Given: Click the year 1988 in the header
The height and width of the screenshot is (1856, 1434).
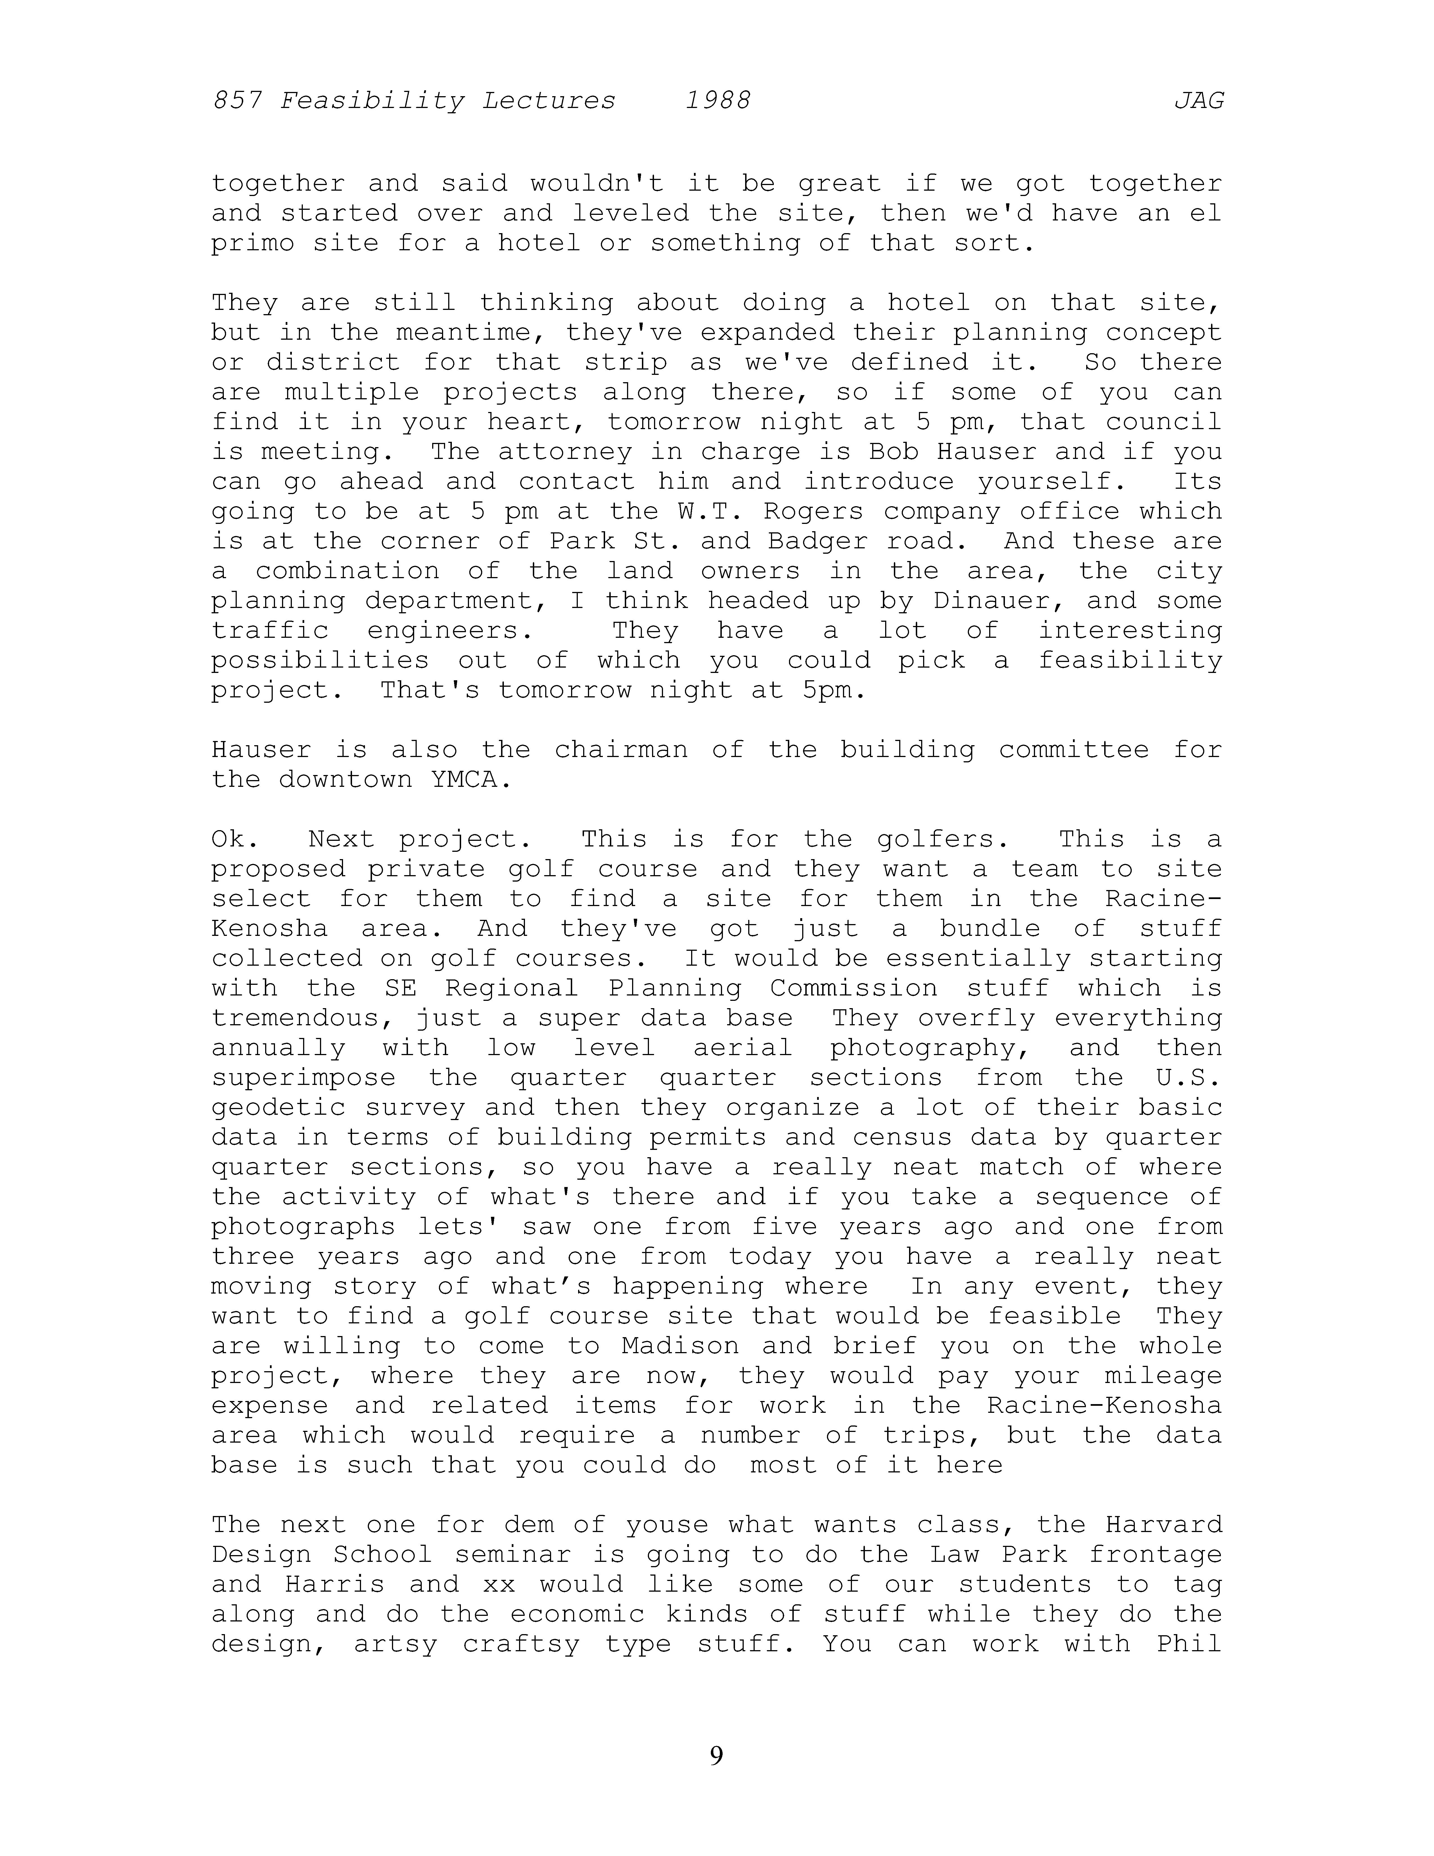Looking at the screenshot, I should [718, 101].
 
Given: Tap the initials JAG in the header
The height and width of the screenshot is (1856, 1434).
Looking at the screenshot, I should [1199, 101].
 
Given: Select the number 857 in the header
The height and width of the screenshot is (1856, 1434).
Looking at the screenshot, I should [237, 101].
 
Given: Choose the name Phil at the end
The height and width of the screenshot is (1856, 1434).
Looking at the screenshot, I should [1189, 1644].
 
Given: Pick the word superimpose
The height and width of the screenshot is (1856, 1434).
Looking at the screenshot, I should [303, 1078].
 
